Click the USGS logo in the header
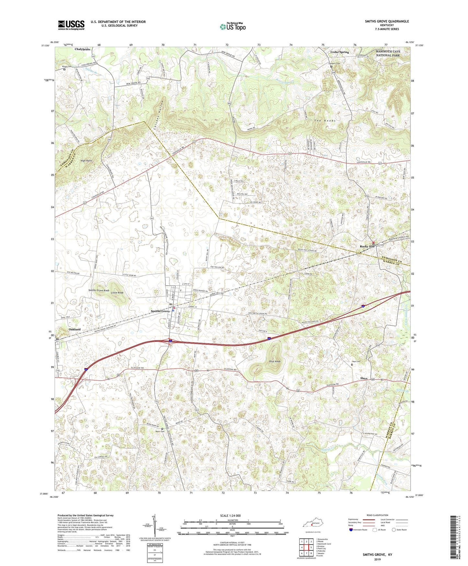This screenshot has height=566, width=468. tap(71, 25)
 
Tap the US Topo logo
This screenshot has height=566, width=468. tap(232, 27)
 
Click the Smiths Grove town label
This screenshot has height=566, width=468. tap(160, 311)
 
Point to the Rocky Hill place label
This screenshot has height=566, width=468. tap(367, 246)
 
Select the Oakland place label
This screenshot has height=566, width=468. tap(74, 329)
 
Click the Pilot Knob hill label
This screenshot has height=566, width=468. tap(274, 361)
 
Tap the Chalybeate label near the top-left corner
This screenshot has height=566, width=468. tap(82, 49)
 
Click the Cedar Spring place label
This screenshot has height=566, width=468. tap(339, 52)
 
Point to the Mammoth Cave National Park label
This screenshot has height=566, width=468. tap(388, 53)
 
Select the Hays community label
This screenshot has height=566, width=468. tap(364, 378)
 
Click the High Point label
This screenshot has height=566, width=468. tap(86, 161)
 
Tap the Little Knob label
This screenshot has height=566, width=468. tap(117, 293)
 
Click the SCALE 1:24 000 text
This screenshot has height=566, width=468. tap(230, 515)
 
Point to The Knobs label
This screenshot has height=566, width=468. tap(324, 120)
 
